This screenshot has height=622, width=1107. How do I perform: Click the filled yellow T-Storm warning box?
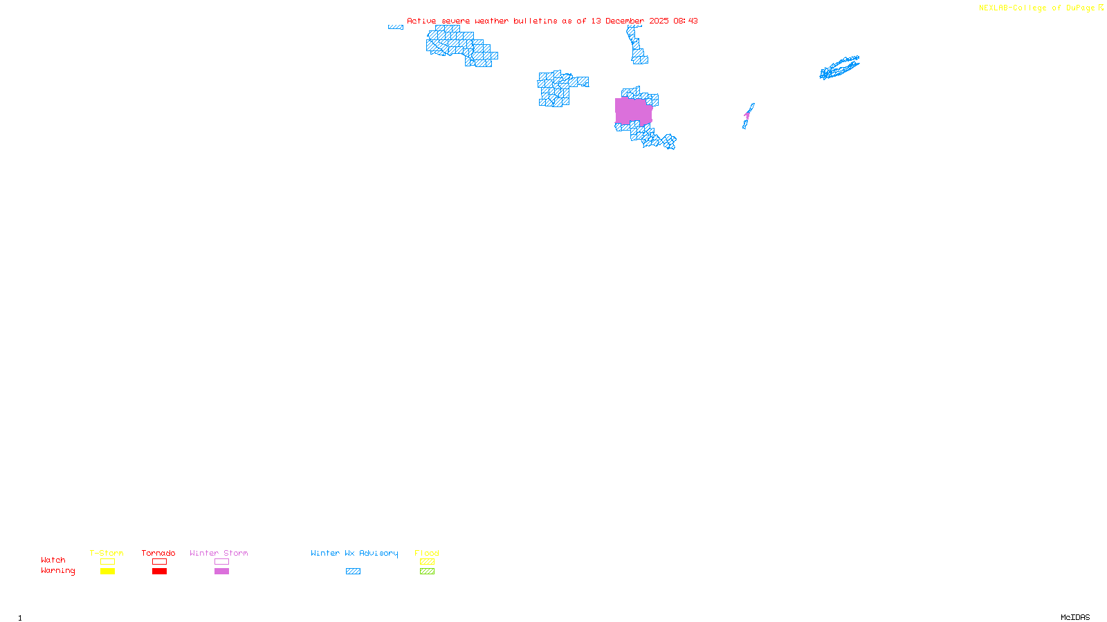click(107, 572)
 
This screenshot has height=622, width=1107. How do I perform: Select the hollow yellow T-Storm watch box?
click(107, 562)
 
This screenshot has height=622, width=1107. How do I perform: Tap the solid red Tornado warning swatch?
click(159, 572)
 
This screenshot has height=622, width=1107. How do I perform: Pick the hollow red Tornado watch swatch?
click(159, 562)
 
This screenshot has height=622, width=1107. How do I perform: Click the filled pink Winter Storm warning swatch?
click(221, 572)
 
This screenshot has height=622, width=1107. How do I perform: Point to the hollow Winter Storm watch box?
click(221, 562)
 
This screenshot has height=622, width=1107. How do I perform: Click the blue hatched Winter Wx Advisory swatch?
click(353, 572)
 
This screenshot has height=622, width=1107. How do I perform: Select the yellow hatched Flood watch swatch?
click(427, 562)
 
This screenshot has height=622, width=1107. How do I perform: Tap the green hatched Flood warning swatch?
click(427, 572)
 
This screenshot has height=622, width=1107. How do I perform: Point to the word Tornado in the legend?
click(158, 553)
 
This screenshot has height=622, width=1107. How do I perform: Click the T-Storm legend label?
click(107, 553)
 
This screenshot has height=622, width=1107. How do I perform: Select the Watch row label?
click(53, 560)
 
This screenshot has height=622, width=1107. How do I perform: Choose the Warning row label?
click(58, 571)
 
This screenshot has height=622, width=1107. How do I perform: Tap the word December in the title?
click(625, 21)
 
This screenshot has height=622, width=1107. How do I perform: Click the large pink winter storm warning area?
click(633, 111)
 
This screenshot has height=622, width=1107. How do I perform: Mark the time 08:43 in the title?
click(686, 21)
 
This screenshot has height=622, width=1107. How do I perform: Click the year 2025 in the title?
click(659, 21)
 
